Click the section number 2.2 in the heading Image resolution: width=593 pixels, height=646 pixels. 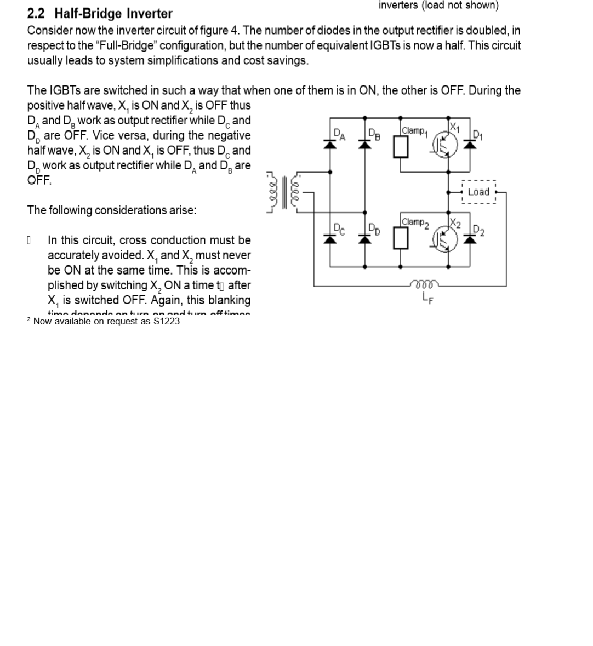(x=36, y=14)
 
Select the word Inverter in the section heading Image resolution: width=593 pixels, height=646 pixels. (x=150, y=14)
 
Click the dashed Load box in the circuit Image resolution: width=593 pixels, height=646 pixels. (x=478, y=192)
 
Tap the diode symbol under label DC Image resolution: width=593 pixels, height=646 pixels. (x=330, y=238)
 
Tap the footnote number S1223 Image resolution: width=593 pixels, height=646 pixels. (x=166, y=321)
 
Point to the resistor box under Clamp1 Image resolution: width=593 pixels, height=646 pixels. (x=401, y=147)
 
